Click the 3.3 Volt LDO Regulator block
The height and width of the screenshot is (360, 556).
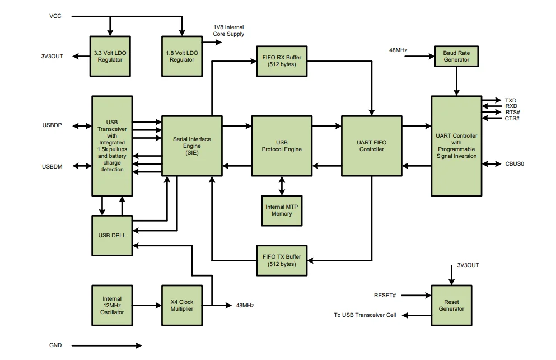pos(110,56)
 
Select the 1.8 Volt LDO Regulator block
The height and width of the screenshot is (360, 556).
pos(181,56)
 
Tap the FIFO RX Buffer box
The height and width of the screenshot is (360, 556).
pos(282,60)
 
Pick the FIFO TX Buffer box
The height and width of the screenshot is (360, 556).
pos(282,260)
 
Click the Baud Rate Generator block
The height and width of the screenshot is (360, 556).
pos(456,56)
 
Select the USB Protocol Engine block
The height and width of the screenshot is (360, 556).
pos(282,146)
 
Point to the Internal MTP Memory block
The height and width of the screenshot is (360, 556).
pos(282,210)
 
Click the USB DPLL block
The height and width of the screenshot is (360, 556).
pos(112,235)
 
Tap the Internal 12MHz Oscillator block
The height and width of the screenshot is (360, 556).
pos(112,305)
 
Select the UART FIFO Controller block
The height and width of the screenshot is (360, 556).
pos(372,146)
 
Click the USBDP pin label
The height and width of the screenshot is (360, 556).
pos(52,125)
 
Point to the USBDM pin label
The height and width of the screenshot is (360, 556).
pos(52,166)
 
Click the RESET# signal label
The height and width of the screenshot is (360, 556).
pos(385,295)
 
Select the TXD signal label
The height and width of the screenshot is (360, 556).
pos(511,101)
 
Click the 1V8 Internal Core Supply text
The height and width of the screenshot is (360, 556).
pos(228,30)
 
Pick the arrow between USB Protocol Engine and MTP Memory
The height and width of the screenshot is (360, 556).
pos(282,185)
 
